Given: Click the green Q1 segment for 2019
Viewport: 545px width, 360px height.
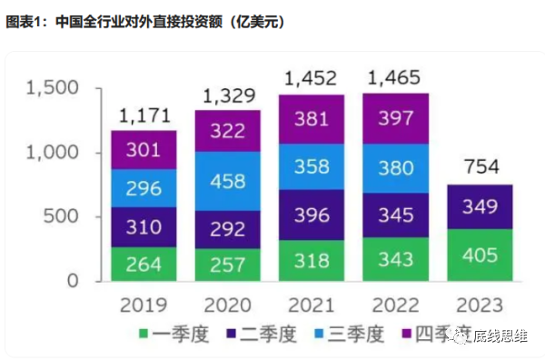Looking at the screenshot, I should (144, 264).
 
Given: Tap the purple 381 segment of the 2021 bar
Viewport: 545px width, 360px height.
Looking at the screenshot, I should (311, 119).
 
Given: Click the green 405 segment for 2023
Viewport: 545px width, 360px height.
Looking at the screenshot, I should (479, 255).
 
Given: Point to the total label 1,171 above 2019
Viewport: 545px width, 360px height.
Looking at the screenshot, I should (144, 116).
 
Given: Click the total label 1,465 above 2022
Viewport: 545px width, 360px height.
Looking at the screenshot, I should (395, 78).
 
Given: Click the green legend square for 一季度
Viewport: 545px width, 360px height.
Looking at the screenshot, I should (143, 335).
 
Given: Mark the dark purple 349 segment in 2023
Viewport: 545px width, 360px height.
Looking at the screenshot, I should (479, 206).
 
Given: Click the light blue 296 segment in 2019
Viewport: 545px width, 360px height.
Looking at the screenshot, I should (144, 189).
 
